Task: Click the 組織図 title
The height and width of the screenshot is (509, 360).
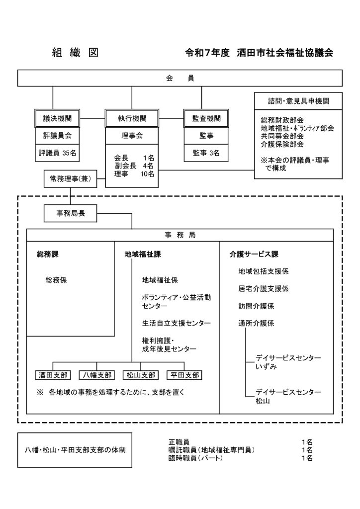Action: point(75,53)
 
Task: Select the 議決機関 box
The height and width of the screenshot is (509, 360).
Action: point(57,118)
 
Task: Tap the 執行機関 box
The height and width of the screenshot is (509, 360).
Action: point(132,118)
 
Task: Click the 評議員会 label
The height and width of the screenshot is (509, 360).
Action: point(57,135)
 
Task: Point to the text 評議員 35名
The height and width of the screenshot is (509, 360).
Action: point(57,154)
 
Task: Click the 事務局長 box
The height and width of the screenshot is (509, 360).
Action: point(70,214)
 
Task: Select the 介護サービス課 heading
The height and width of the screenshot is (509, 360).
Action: point(254,254)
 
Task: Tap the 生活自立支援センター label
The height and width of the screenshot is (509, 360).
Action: point(176,324)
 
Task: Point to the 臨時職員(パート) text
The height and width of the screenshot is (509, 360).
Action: point(196,458)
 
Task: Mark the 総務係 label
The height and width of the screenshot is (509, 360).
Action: point(56,280)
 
